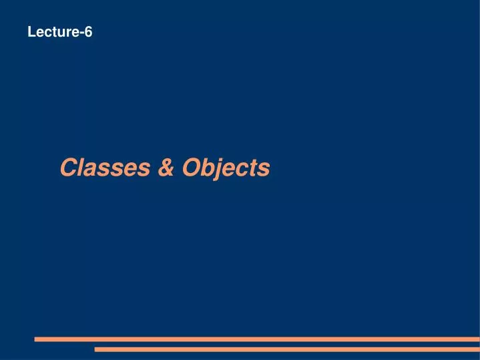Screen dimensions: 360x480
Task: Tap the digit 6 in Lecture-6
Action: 88,31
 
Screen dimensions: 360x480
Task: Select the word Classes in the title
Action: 105,168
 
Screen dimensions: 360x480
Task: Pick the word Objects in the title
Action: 226,168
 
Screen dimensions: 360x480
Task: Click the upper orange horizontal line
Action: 257,339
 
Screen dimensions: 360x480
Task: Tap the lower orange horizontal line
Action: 287,349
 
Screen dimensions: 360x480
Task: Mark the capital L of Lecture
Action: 31,31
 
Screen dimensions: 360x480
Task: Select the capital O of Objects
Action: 193,168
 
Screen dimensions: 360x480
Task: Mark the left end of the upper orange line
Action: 37,339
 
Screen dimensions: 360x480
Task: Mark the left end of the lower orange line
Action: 97,349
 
